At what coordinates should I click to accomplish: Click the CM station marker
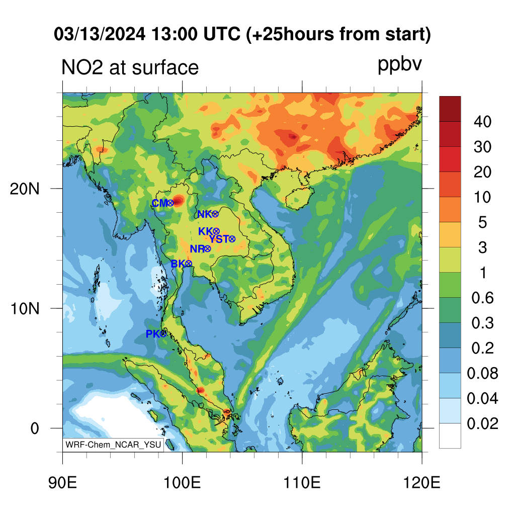(170, 203)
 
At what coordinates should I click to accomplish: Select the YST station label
(219, 239)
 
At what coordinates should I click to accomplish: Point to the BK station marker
(189, 264)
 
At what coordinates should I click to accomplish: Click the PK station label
(153, 334)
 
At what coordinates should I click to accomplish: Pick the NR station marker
(208, 248)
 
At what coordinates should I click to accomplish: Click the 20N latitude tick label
(25, 189)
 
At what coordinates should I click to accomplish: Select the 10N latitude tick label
(25, 309)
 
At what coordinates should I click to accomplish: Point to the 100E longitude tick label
(182, 483)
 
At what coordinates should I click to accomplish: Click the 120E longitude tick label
(422, 483)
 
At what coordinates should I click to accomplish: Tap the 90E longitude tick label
(62, 483)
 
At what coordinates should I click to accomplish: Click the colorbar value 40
(482, 122)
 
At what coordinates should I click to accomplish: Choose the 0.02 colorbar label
(482, 423)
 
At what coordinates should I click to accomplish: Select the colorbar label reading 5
(482, 222)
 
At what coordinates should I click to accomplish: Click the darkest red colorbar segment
(450, 109)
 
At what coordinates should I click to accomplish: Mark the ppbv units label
(400, 65)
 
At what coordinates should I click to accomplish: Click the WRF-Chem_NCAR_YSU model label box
(113, 445)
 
